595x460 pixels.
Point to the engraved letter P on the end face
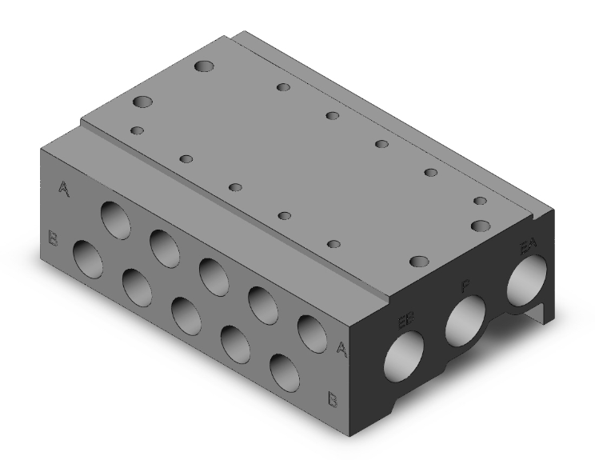pos(464,286)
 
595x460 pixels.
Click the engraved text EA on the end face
pos(528,248)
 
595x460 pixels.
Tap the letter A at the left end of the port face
pos(63,189)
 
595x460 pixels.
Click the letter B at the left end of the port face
pos(53,238)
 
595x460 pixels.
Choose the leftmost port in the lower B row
pos(88,258)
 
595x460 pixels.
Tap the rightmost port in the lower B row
pos(285,370)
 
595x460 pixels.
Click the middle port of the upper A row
pos(214,274)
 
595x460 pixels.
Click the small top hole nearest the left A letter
pos(138,130)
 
